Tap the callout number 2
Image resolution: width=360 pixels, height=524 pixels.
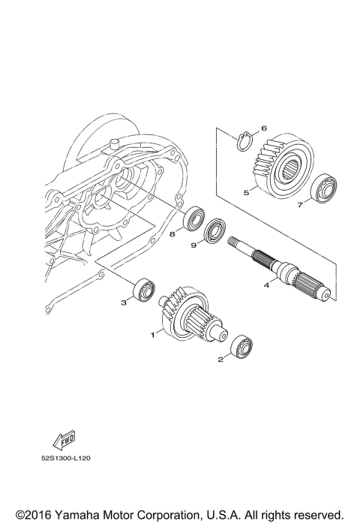click(x=220, y=360)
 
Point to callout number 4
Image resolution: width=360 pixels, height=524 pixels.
click(x=265, y=285)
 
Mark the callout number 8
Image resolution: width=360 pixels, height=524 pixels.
click(x=172, y=233)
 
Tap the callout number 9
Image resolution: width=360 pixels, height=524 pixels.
click(x=193, y=244)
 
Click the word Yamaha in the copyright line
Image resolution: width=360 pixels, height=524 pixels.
click(x=76, y=514)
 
